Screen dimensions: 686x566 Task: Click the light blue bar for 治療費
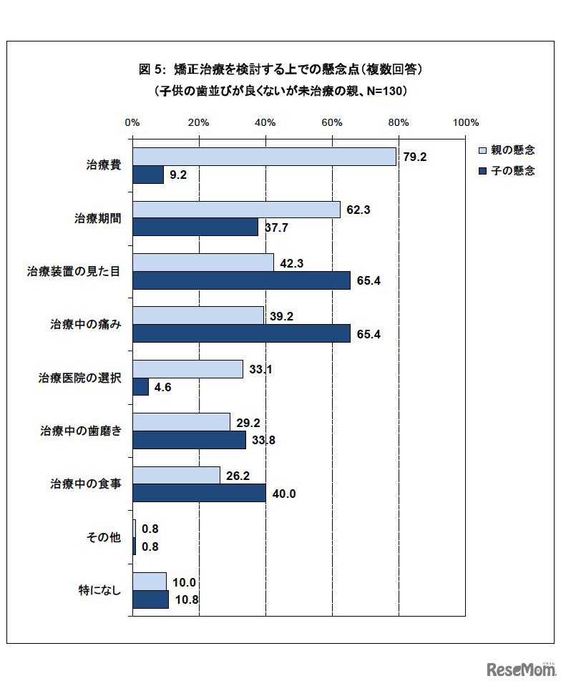264,157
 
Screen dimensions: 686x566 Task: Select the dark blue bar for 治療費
148,175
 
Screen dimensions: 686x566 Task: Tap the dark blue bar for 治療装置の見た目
241,280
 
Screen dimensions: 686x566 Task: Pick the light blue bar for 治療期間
236,210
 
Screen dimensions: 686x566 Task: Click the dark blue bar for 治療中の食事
199,493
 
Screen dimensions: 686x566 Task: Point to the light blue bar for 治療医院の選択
187,369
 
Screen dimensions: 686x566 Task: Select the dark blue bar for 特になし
150,599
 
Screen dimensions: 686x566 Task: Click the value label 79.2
415,157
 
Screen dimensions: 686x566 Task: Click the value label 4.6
162,387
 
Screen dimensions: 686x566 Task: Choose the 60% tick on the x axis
332,123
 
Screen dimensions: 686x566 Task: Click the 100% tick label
465,123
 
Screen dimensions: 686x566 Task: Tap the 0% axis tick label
132,123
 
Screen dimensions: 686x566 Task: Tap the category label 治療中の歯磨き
80,431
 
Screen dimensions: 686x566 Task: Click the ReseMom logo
521,670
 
